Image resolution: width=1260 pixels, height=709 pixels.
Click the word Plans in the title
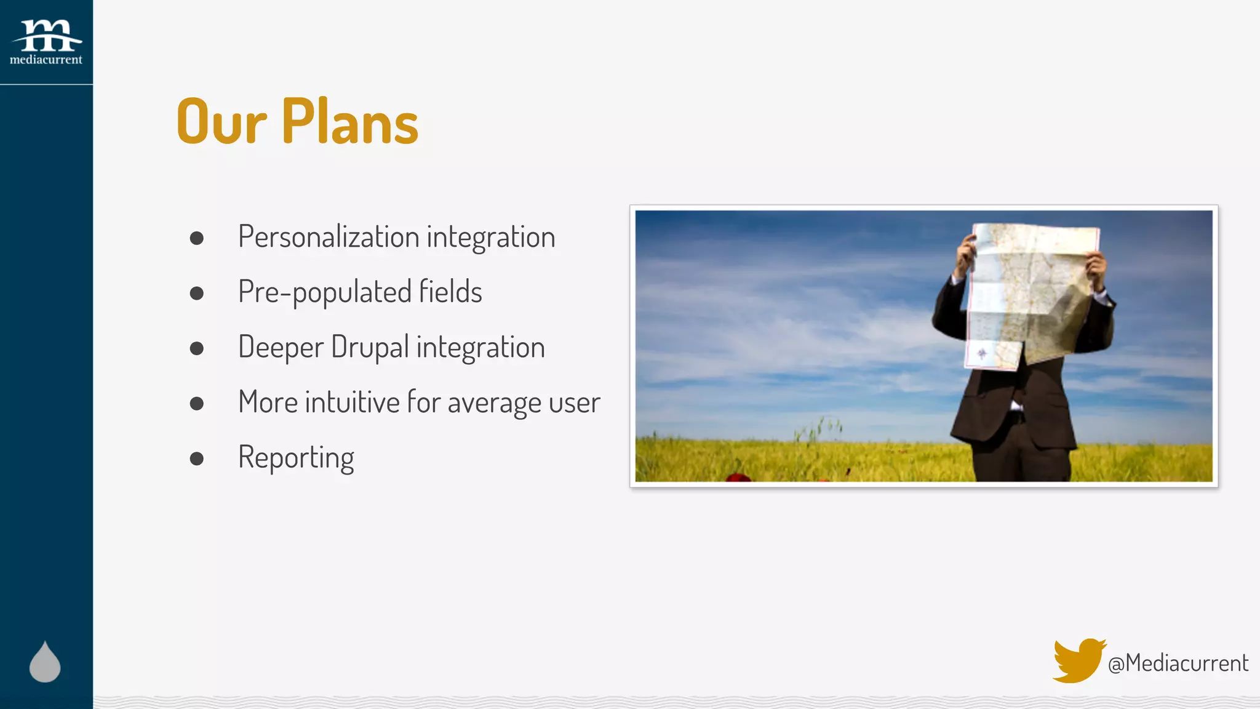click(350, 122)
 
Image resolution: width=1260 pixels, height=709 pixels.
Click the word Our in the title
click(221, 122)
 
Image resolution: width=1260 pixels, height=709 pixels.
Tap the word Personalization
click(329, 237)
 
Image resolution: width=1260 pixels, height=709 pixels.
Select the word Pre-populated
click(324, 292)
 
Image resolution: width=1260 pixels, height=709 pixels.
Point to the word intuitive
click(353, 402)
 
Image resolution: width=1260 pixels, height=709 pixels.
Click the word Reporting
click(296, 458)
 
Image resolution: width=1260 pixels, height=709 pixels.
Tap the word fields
click(450, 292)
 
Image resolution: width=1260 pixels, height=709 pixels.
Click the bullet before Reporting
click(197, 459)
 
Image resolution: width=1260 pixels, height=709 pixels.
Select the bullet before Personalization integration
click(197, 238)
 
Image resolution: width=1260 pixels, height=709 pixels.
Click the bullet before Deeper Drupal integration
click(197, 348)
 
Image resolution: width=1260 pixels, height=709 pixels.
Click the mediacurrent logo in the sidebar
click(46, 42)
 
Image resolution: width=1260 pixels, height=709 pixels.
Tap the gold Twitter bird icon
click(1078, 660)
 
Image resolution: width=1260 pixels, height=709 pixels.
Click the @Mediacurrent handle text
click(1178, 663)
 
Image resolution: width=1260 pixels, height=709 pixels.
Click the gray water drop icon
click(45, 663)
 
